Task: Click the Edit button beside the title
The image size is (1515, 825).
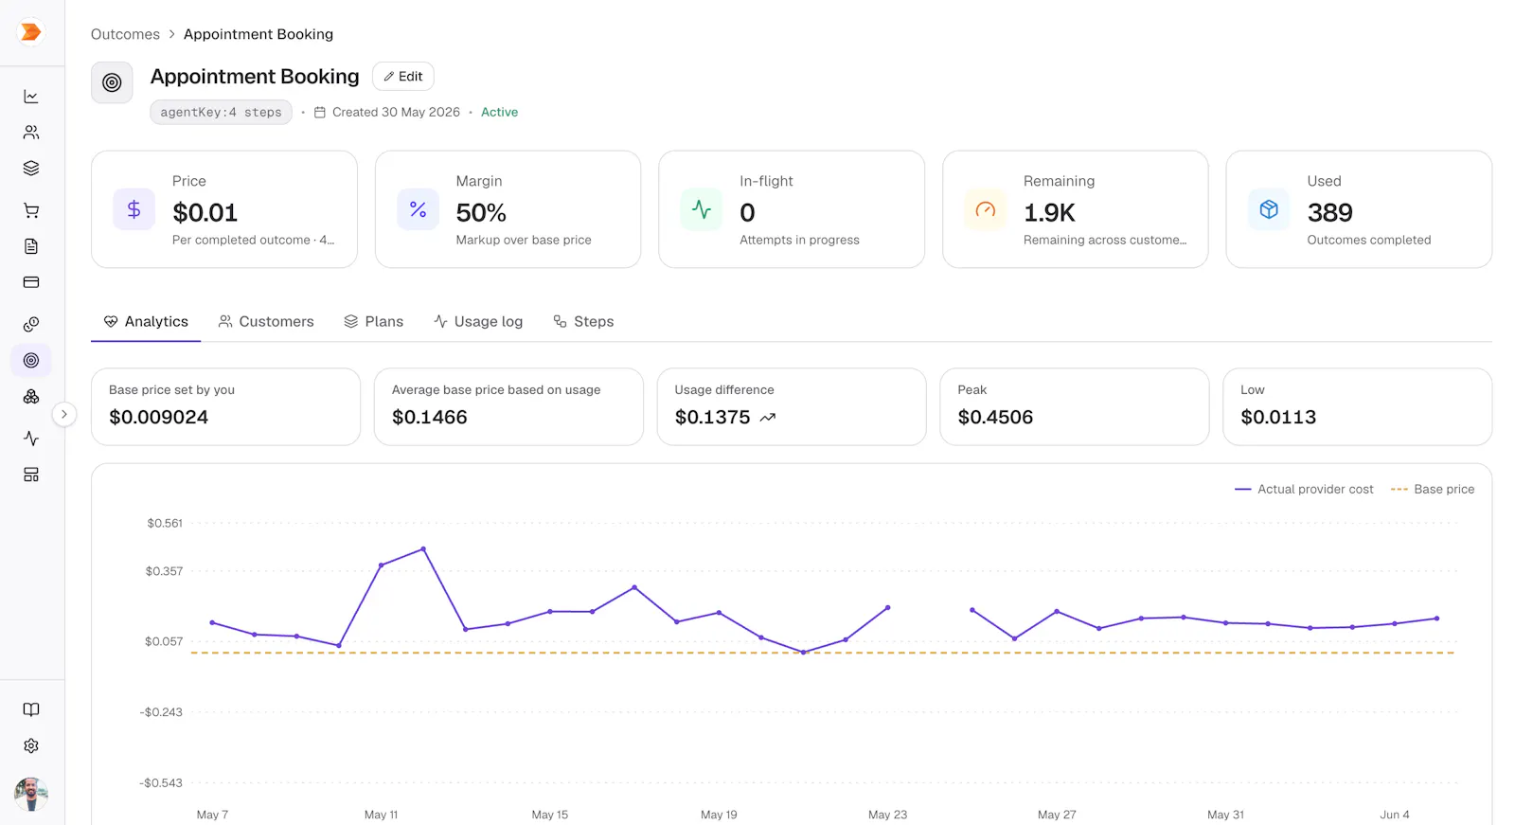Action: pos(403,77)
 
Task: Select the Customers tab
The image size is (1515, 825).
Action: pos(266,321)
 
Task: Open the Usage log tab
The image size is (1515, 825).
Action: pos(478,321)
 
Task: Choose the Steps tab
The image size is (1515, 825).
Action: pos(583,321)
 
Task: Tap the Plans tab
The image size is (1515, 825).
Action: pos(373,321)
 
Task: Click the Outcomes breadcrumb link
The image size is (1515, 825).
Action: pos(125,34)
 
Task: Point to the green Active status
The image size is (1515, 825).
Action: pos(499,113)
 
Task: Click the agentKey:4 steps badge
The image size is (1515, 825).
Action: pos(222,113)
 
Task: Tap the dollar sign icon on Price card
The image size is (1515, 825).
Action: pos(134,209)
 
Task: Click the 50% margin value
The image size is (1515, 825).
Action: pos(481,212)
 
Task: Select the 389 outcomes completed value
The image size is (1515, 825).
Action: pos(1329,212)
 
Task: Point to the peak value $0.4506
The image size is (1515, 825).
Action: pos(995,417)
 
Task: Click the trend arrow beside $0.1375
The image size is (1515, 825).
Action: pos(768,418)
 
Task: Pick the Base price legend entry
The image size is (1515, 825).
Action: pos(1433,490)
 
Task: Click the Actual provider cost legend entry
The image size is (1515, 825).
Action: pos(1304,490)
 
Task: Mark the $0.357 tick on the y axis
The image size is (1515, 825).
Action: pos(165,571)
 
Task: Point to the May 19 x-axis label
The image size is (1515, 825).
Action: pos(719,815)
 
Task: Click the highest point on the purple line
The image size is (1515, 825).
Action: pos(423,548)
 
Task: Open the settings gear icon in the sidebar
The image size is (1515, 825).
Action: pos(31,745)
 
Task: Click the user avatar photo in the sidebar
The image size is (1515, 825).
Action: pos(31,794)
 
